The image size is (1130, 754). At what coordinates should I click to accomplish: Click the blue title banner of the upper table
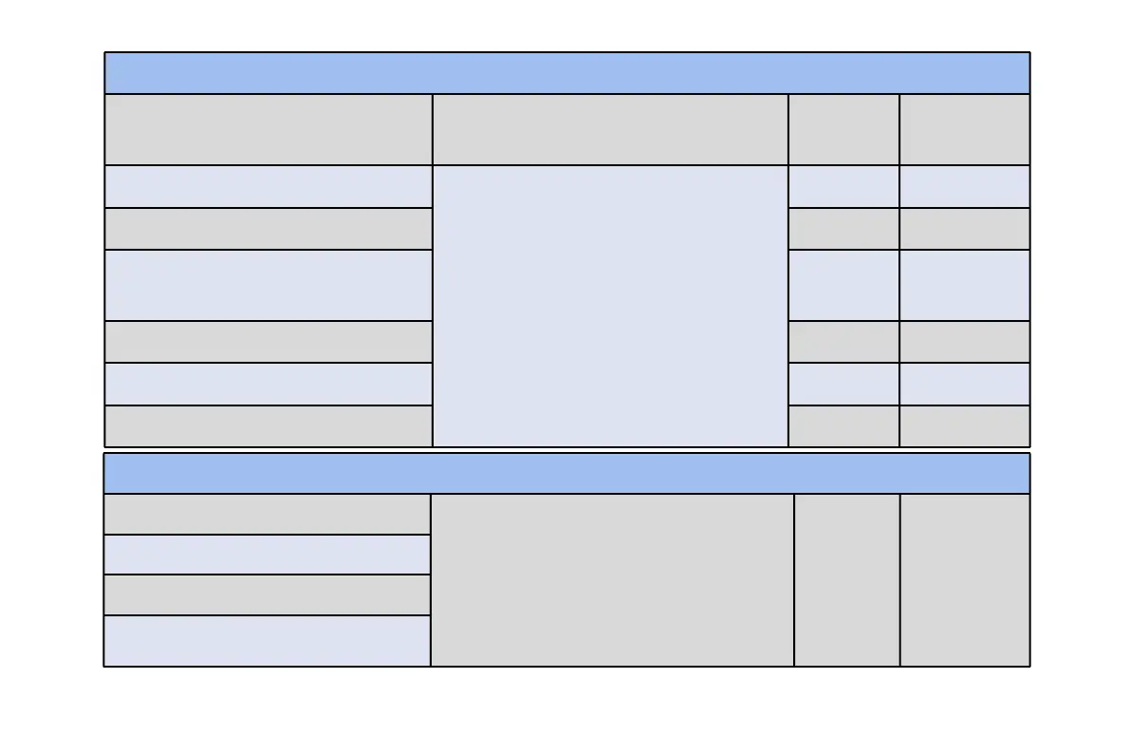click(x=566, y=73)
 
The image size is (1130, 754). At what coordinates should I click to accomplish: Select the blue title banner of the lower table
click(x=566, y=473)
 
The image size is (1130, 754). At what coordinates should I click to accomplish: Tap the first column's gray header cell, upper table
click(x=268, y=129)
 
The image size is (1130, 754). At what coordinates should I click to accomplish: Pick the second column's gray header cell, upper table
click(x=610, y=129)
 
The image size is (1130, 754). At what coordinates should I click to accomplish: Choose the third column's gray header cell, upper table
click(x=843, y=129)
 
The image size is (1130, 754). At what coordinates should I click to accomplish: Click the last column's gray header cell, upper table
click(x=964, y=129)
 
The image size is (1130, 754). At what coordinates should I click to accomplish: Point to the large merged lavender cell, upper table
click(x=610, y=305)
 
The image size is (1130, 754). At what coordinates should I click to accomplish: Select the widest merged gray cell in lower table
click(x=612, y=579)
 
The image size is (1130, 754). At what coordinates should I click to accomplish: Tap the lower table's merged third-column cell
click(x=846, y=579)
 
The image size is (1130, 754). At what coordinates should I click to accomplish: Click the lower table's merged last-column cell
click(x=964, y=579)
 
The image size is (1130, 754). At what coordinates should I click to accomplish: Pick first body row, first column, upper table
click(x=268, y=186)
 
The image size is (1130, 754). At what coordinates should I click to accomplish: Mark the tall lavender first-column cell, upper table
click(x=268, y=285)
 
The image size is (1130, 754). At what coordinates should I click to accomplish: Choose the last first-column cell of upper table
click(x=268, y=425)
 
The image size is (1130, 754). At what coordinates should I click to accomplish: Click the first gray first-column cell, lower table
click(x=267, y=514)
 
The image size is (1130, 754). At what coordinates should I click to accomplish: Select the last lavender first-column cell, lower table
click(x=267, y=640)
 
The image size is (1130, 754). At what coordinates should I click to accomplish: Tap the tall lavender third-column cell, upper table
click(x=843, y=285)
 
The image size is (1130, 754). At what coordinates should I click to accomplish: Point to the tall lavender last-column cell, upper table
click(x=964, y=285)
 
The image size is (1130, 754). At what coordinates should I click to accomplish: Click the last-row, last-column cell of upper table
click(x=964, y=425)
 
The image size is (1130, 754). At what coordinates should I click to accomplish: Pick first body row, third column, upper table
click(x=843, y=186)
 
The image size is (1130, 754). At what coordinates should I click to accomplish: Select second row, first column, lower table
click(x=267, y=554)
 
